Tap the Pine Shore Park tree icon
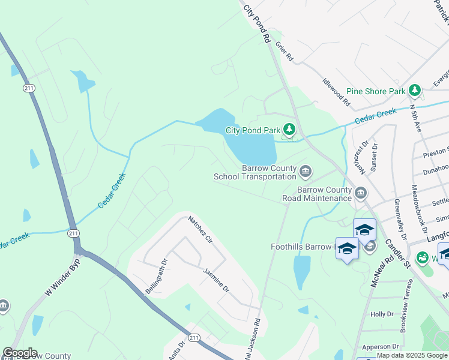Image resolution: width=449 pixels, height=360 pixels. click(414, 91)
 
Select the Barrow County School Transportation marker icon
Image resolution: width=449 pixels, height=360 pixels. click(306, 173)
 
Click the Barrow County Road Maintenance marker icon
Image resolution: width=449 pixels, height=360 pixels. click(361, 193)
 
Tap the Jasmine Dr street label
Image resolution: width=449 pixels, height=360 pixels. click(215, 280)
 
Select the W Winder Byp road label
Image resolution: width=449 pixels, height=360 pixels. click(62, 278)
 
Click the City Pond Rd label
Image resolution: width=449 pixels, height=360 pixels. click(258, 24)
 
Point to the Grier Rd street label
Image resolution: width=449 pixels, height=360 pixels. click(284, 51)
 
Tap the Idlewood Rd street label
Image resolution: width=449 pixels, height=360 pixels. click(336, 92)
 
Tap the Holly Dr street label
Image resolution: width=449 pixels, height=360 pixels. click(382, 314)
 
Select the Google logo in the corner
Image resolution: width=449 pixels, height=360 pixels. click(20, 353)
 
